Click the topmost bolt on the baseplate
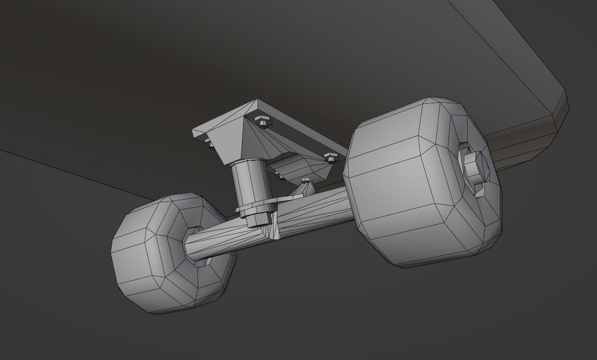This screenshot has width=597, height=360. (x=262, y=122)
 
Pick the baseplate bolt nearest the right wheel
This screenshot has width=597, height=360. (x=331, y=157)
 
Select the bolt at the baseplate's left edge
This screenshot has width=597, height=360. (x=208, y=142)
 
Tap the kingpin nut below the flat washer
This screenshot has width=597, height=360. (x=255, y=218)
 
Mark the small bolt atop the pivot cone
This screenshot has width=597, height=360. (x=305, y=182)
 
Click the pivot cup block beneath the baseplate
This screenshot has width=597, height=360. (x=300, y=166)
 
